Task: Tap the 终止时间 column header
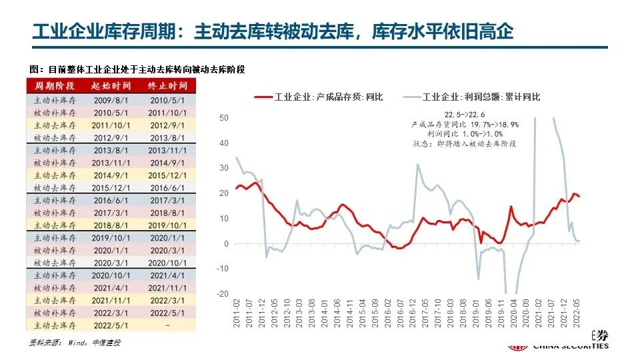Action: coord(167,86)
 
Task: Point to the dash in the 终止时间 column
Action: coord(167,326)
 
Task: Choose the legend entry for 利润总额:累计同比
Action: coord(472,97)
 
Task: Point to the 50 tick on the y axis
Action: coord(224,118)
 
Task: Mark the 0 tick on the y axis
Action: coord(226,244)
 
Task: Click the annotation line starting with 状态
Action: coord(465,143)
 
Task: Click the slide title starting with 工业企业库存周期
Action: coord(273,31)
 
